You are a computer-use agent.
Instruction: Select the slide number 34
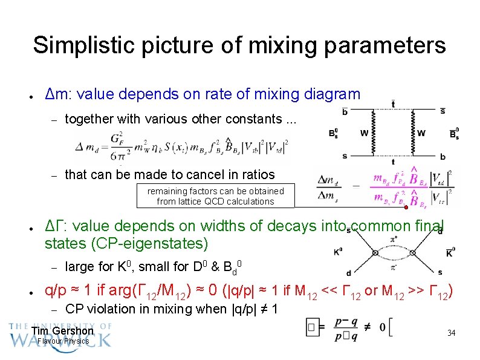coord(451,333)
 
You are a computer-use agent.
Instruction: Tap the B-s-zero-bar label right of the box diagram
coord(454,133)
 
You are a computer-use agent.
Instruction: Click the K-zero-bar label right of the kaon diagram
coord(449,253)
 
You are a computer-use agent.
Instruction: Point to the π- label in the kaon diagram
coord(394,267)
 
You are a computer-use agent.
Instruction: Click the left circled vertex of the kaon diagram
coord(375,252)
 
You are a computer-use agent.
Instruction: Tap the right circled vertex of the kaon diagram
coord(416,252)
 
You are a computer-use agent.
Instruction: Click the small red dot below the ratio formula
coord(406,207)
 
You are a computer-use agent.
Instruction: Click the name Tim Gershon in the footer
coord(62,331)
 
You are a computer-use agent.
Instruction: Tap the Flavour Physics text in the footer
coord(63,341)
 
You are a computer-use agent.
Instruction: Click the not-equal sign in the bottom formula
coord(366,327)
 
